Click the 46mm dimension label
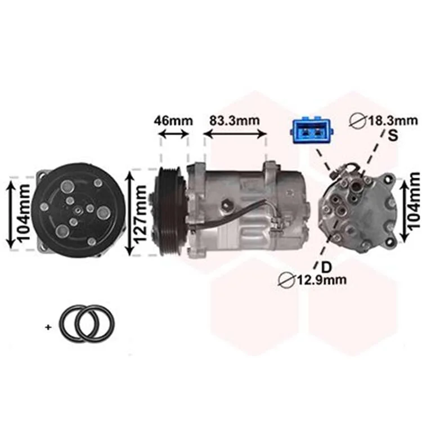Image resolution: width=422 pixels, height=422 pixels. (x=173, y=121)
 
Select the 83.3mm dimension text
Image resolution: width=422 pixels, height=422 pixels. (x=235, y=120)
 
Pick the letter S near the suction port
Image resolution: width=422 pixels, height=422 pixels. (x=393, y=136)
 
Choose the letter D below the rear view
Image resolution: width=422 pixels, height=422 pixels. (x=327, y=267)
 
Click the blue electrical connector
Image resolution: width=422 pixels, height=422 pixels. (x=311, y=131)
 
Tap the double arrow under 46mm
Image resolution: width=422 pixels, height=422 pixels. (x=174, y=134)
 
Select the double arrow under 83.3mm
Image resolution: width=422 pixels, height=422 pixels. (x=235, y=134)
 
